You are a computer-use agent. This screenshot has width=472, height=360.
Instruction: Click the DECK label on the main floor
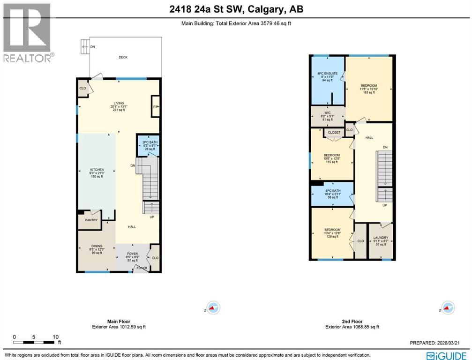point(123,58)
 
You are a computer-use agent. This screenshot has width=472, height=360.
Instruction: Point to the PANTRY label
point(90,220)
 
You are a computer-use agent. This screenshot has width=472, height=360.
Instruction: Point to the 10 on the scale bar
point(55,337)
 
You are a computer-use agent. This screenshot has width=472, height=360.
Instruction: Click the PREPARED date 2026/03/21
point(439,343)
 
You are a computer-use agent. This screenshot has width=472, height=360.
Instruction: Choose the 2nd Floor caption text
point(352,322)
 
